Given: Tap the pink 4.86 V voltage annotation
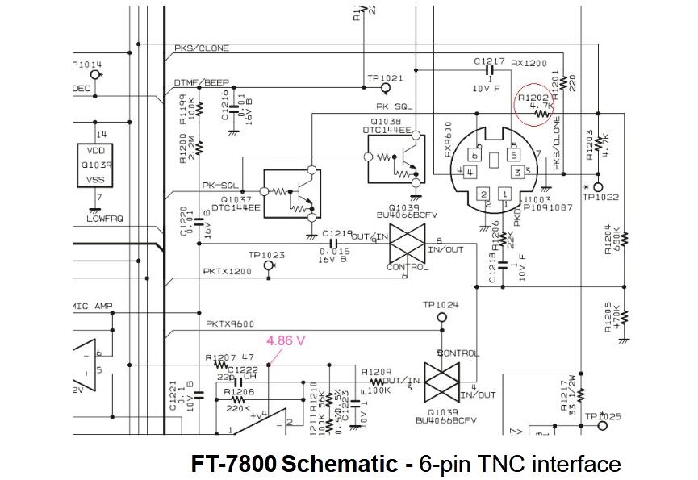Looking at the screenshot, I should [x=286, y=340].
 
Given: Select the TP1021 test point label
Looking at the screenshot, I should [x=385, y=78].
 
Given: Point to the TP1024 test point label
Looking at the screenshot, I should [x=441, y=305].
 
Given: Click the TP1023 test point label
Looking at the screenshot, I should [x=267, y=255].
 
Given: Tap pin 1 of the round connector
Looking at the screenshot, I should [x=505, y=194].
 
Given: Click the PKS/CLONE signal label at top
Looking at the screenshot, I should [x=202, y=48].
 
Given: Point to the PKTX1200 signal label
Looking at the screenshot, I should [x=228, y=272].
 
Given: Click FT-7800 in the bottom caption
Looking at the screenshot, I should [x=233, y=464].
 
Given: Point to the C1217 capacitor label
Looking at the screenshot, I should [x=491, y=61].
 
